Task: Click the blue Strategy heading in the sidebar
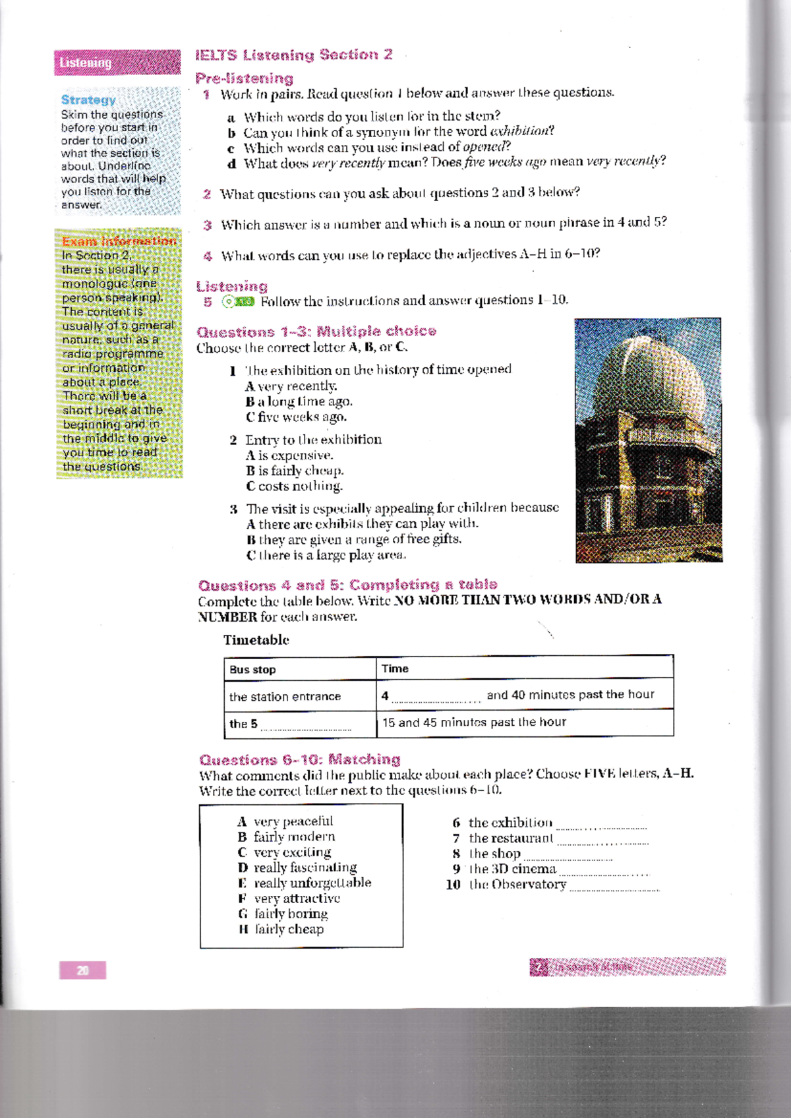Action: [x=88, y=100]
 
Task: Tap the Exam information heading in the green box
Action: [x=119, y=241]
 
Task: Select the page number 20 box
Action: [x=82, y=970]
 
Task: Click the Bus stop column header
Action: [x=252, y=669]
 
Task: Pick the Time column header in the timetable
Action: [x=395, y=668]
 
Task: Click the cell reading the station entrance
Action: [x=285, y=696]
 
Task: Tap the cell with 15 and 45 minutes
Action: [x=474, y=722]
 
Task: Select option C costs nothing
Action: [x=294, y=486]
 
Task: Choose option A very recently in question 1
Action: [x=291, y=386]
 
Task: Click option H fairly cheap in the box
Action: [x=281, y=929]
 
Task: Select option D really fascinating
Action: [x=297, y=868]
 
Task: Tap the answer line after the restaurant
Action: [x=602, y=842]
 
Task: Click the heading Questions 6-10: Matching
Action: [x=300, y=759]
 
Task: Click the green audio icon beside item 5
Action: [x=238, y=301]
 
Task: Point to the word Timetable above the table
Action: [x=256, y=640]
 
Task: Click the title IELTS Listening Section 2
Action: [x=293, y=55]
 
